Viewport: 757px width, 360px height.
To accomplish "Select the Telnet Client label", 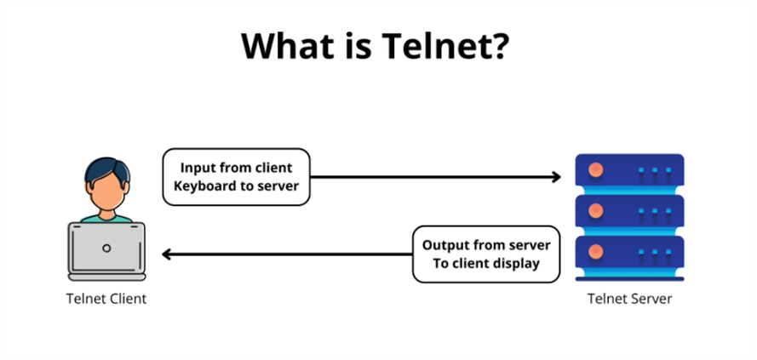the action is pos(106,299).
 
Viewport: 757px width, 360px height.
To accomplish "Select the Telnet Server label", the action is pos(629,299).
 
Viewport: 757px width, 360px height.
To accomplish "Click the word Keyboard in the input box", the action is pos(204,186).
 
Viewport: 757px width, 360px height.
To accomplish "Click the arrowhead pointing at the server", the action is pos(556,177).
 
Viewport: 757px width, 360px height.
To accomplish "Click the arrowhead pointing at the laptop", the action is pos(167,254).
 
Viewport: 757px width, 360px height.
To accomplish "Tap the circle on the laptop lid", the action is pos(106,249).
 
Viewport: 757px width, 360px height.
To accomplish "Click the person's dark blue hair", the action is pos(107,168).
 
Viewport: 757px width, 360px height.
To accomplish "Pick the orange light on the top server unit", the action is pos(596,170).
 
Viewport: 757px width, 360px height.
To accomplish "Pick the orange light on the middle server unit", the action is pos(596,211).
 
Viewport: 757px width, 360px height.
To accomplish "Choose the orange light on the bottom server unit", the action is pos(596,252).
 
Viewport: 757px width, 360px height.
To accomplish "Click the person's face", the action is pos(107,191).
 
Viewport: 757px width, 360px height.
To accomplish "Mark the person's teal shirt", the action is pos(106,219).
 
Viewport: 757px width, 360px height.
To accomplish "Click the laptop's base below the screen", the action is pos(106,277).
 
